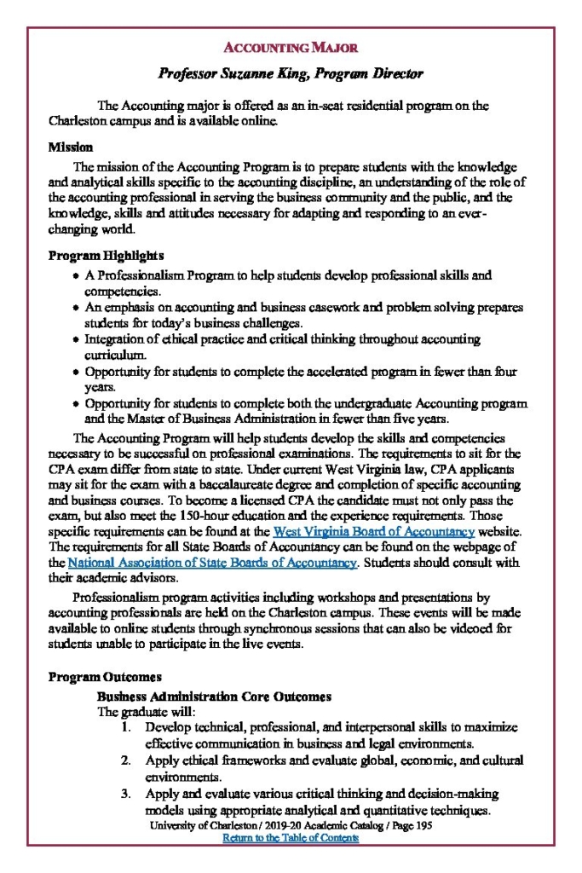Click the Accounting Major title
pyautogui.click(x=291, y=47)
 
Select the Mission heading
pyautogui.click(x=71, y=147)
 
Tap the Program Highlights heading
pyautogui.click(x=106, y=256)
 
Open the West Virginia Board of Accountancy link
pyautogui.click(x=373, y=532)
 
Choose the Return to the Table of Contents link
pyautogui.click(x=291, y=838)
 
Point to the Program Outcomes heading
pyautogui.click(x=104, y=677)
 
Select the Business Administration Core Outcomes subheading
pyautogui.click(x=214, y=697)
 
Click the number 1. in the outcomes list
pyautogui.click(x=126, y=727)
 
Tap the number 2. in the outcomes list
pyautogui.click(x=126, y=760)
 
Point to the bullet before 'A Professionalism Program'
pyautogui.click(x=76, y=277)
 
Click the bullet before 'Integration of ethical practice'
pyautogui.click(x=76, y=340)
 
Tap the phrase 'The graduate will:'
pyautogui.click(x=147, y=711)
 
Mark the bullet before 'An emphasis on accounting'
pyautogui.click(x=76, y=309)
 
